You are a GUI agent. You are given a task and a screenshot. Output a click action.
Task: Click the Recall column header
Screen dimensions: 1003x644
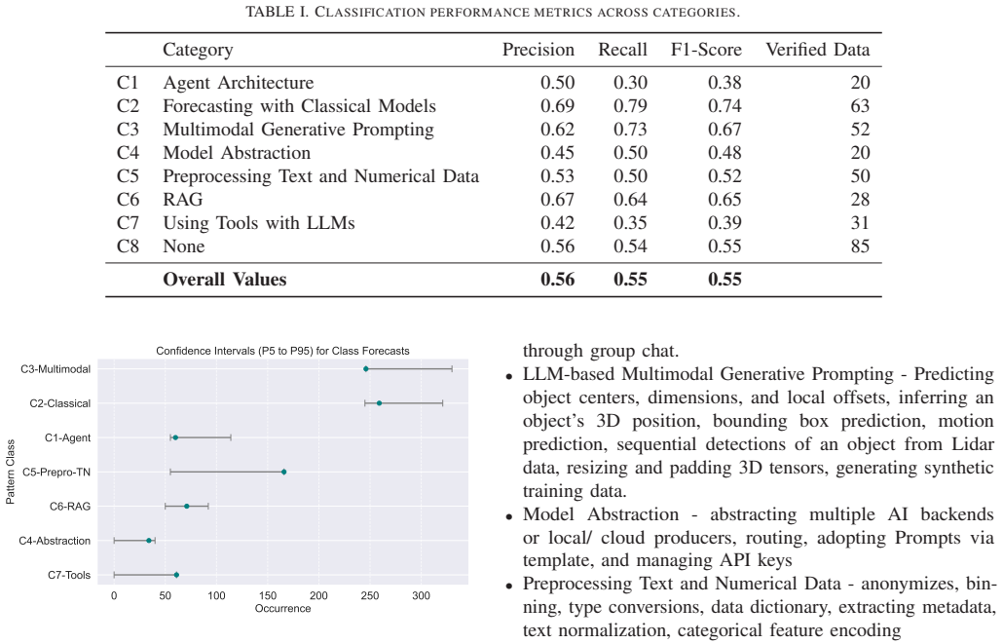tap(622, 50)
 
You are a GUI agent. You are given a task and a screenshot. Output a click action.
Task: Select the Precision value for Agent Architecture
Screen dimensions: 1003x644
tap(557, 83)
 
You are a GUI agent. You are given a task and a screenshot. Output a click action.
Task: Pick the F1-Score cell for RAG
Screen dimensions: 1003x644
tap(724, 200)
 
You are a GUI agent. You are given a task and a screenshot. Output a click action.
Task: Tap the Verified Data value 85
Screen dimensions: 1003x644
tap(860, 246)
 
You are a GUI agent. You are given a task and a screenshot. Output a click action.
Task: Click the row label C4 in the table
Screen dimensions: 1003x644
tap(128, 153)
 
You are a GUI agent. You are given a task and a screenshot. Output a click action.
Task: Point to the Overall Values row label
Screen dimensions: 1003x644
tap(225, 280)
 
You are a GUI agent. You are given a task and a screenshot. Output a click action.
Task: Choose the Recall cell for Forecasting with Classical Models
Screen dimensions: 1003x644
tap(630, 106)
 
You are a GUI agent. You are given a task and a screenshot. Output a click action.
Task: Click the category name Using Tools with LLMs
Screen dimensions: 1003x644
tap(258, 223)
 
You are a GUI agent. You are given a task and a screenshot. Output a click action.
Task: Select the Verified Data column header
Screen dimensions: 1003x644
tap(818, 50)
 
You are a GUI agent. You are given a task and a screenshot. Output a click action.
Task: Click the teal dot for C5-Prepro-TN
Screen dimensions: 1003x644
tap(284, 472)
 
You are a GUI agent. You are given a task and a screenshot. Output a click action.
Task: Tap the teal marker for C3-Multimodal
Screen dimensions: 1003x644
tap(366, 368)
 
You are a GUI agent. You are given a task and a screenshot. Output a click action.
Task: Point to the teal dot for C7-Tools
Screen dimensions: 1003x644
tap(176, 575)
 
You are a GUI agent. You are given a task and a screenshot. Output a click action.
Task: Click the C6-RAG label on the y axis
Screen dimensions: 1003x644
tap(70, 507)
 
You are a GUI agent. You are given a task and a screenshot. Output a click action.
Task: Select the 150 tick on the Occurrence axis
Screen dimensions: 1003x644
tap(268, 595)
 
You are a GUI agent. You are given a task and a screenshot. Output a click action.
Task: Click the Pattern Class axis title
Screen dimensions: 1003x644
tap(11, 472)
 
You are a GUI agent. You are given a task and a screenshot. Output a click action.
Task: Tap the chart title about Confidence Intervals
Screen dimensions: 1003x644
tap(282, 351)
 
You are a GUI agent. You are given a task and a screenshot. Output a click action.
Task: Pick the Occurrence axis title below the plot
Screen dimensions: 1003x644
tap(282, 608)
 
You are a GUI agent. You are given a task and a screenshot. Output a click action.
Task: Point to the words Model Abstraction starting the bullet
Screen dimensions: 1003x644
tap(601, 514)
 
